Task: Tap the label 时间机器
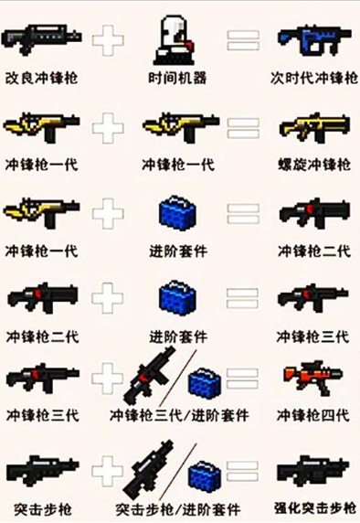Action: click(x=178, y=78)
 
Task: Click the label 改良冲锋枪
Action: click(x=41, y=78)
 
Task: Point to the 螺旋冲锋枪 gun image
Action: click(x=312, y=128)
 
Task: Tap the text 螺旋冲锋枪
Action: click(x=312, y=165)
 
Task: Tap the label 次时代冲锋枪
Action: click(x=312, y=78)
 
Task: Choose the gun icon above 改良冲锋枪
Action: click(x=41, y=38)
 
